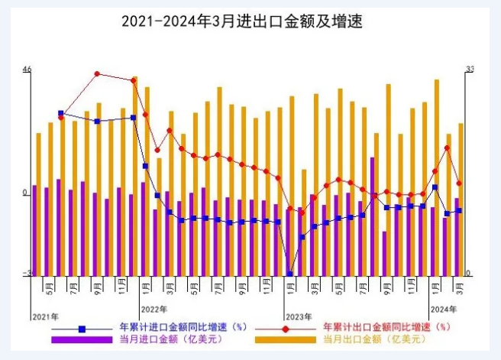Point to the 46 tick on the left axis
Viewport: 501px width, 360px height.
[x=27, y=70]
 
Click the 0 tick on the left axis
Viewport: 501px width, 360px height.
[x=27, y=193]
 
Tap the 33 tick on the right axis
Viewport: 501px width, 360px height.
[x=470, y=70]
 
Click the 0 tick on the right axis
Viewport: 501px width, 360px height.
[x=469, y=273]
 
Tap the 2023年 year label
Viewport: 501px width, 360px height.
[x=299, y=316]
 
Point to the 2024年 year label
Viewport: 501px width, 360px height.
[x=444, y=309]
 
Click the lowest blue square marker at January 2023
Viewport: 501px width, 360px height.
[x=290, y=273]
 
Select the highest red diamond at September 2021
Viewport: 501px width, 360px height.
[x=97, y=74]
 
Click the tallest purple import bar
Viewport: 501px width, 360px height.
[x=372, y=216]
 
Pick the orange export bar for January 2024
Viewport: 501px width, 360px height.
[x=437, y=176]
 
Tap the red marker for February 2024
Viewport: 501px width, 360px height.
[x=448, y=148]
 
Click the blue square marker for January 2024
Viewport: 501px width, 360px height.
[x=435, y=186]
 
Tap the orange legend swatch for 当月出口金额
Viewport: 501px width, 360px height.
[x=286, y=339]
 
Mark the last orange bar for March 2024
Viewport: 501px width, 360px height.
[x=461, y=199]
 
